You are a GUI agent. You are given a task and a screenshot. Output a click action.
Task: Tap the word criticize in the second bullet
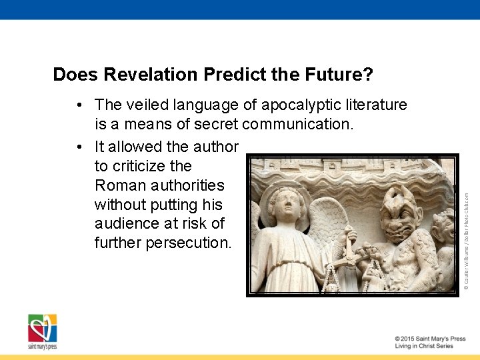(157, 166)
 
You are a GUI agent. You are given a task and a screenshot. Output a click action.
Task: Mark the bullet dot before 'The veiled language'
(79, 105)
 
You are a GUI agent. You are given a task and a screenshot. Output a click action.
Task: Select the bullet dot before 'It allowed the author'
(79, 147)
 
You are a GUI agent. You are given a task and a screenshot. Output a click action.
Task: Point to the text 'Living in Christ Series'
(423, 347)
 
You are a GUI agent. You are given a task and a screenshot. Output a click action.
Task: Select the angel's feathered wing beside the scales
(329, 227)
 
